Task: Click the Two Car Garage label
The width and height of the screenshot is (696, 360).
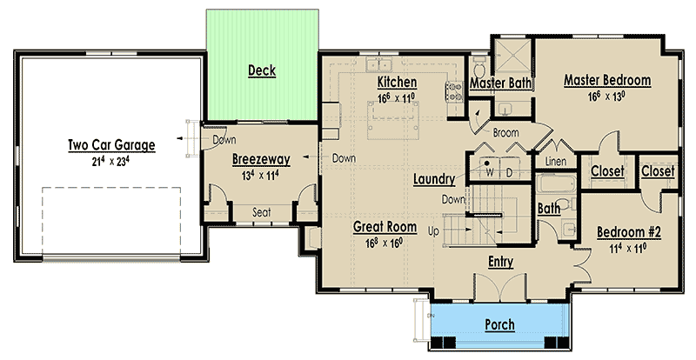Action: [111, 145]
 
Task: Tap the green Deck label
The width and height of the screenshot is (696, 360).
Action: [262, 70]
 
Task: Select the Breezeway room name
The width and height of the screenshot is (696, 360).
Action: [261, 159]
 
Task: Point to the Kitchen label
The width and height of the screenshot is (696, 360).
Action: [397, 82]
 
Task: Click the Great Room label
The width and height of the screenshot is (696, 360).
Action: [385, 227]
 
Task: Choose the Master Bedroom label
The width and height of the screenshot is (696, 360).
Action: [607, 80]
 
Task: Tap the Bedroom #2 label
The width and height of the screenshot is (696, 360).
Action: [628, 231]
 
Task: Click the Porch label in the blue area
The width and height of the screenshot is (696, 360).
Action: [499, 324]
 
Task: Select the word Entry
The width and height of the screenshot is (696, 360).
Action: [501, 262]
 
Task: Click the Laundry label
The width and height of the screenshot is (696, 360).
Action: [434, 179]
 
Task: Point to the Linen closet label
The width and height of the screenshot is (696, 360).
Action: [555, 161]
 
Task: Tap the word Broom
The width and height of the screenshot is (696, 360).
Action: [505, 133]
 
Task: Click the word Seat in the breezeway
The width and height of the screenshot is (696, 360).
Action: [262, 213]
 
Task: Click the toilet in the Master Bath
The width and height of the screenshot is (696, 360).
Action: [479, 68]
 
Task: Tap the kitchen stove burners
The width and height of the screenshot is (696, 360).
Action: [454, 91]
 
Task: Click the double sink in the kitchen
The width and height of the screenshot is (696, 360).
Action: [378, 64]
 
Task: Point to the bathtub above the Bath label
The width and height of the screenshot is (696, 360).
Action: [556, 183]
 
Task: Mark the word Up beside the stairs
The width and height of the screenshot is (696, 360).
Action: [433, 230]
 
